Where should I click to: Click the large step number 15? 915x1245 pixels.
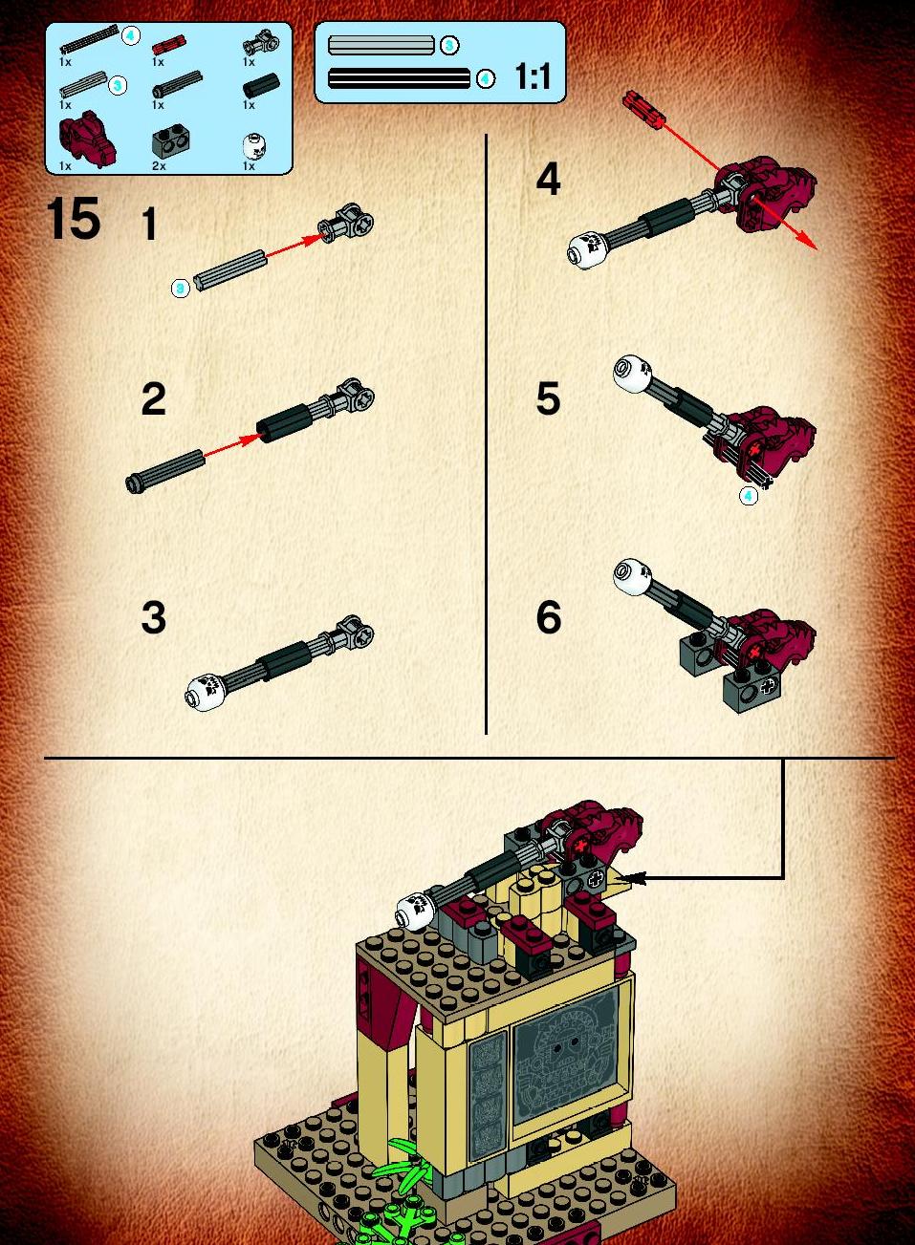pyautogui.click(x=74, y=219)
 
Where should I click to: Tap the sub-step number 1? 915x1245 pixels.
pyautogui.click(x=149, y=224)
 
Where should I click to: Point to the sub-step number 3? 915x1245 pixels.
pyautogui.click(x=154, y=617)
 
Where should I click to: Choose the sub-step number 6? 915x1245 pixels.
pyautogui.click(x=549, y=617)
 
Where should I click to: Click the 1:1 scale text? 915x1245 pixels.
pyautogui.click(x=533, y=76)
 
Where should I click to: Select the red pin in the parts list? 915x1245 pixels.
pyautogui.click(x=169, y=44)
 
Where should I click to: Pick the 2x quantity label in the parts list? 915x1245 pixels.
pyautogui.click(x=159, y=165)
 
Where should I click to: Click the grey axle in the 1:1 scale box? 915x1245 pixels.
pyautogui.click(x=381, y=45)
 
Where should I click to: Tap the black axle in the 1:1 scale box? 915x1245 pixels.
pyautogui.click(x=399, y=78)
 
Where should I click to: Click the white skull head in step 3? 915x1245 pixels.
pyautogui.click(x=205, y=692)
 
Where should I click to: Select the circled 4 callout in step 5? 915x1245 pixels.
pyautogui.click(x=749, y=495)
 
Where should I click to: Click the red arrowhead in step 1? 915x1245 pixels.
pyautogui.click(x=315, y=239)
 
